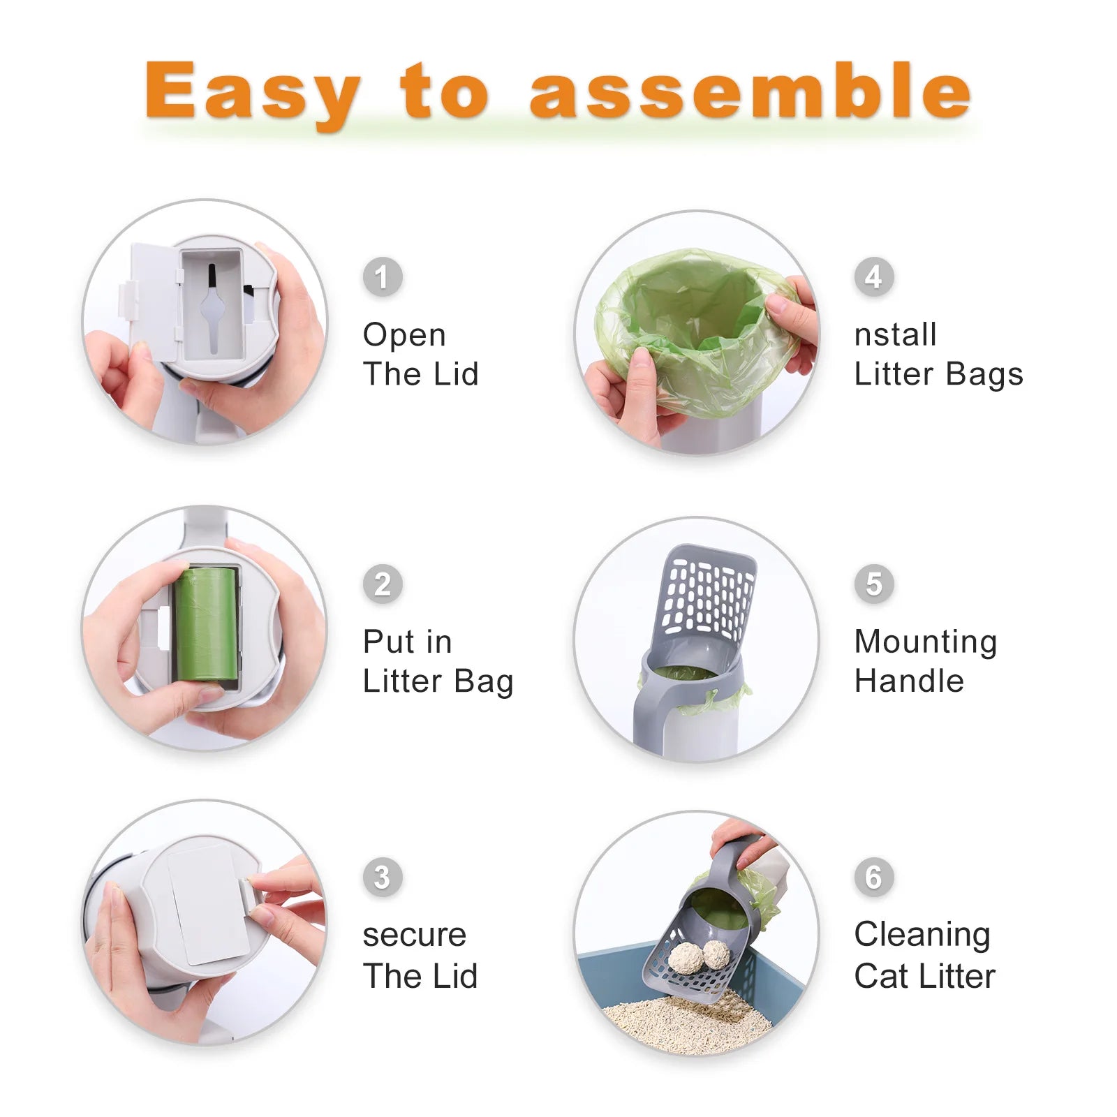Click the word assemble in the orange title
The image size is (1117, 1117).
pos(750,91)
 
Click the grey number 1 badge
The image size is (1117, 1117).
pos(382,277)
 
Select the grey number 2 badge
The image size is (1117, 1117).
pos(382,584)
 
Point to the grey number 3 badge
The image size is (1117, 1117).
pos(382,878)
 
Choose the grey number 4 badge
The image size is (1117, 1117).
pos(873,277)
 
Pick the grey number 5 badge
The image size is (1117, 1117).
pos(873,584)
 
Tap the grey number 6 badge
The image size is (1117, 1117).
pos(873,878)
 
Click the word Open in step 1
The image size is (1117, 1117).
pos(404,335)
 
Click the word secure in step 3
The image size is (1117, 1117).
pos(414,935)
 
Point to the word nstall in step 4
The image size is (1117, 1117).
pos(895,335)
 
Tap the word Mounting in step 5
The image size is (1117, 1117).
pos(926,642)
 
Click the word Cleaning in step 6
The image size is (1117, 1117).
pos(922,935)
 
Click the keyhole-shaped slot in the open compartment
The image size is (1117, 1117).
pos(212,307)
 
